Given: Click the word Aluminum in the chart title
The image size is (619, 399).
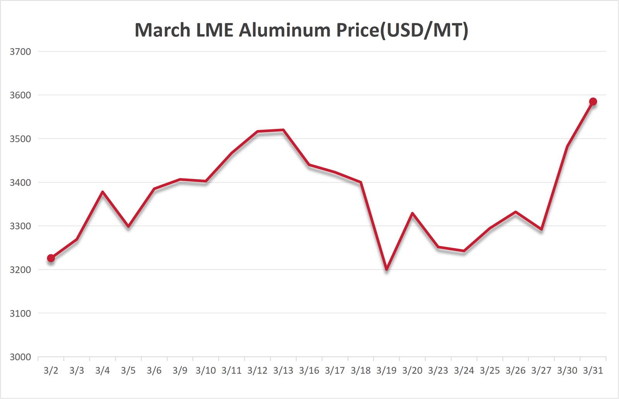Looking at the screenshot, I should [x=285, y=30].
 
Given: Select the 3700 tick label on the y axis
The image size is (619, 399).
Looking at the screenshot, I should [x=20, y=51].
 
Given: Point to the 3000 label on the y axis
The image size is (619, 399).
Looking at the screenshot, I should [x=20, y=357].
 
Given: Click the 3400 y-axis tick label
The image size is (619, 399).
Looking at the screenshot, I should [x=20, y=182].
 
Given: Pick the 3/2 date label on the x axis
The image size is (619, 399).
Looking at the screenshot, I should [x=51, y=371].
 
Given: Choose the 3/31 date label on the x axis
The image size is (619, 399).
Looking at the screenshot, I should [x=593, y=371].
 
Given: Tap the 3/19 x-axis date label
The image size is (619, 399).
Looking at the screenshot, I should [x=386, y=371].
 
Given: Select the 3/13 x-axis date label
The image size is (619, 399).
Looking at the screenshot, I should [x=283, y=371].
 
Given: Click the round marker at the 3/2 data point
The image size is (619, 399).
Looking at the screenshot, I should [x=51, y=258].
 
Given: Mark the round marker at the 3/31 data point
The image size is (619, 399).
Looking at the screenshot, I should [x=593, y=102].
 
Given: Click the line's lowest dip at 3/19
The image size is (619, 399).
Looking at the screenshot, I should [x=386, y=269].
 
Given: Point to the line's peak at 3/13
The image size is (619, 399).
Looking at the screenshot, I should [x=283, y=130].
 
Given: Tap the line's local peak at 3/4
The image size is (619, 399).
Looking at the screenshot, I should [x=103, y=192].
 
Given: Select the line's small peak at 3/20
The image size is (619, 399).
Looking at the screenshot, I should [x=412, y=213].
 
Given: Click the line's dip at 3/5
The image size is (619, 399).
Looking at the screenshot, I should [x=128, y=226].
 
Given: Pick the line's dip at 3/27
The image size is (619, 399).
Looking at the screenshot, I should [x=542, y=229].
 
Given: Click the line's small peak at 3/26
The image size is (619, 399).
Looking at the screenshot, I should [x=516, y=212].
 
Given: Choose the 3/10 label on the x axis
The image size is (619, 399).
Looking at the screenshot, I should [x=206, y=371].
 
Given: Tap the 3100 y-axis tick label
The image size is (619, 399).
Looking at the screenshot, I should [x=20, y=313].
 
